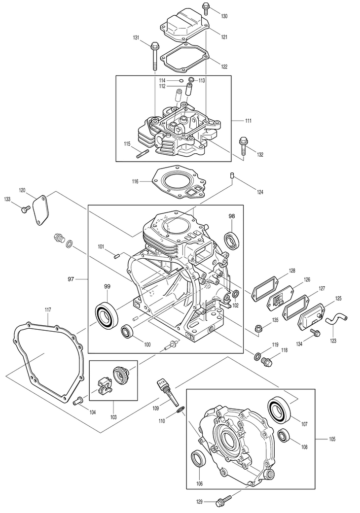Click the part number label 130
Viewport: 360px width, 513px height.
[x=224, y=16]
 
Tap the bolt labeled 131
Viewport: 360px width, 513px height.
[x=155, y=57]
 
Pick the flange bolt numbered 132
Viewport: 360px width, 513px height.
[x=243, y=146]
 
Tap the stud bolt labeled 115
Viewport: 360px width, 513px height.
[x=143, y=153]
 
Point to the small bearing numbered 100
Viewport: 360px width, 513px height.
[x=127, y=331]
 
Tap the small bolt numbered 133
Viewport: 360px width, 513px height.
[x=25, y=209]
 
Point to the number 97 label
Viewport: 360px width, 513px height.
[x=71, y=279]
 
